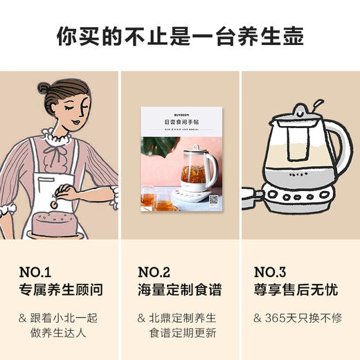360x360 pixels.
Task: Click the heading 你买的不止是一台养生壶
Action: pos(180,35)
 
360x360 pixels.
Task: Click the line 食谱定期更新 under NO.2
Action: pos(179,334)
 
